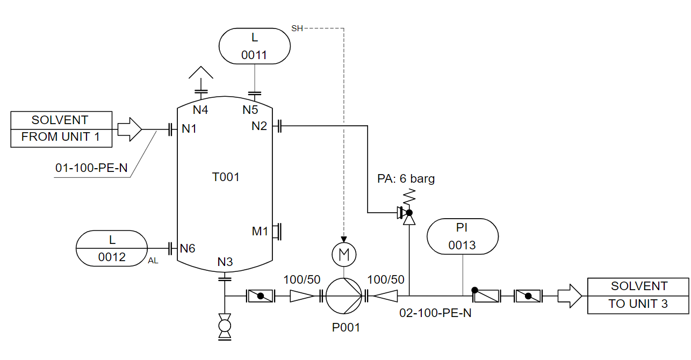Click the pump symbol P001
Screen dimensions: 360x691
click(x=344, y=296)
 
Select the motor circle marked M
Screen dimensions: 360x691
click(x=344, y=254)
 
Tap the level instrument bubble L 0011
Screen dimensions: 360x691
click(x=254, y=46)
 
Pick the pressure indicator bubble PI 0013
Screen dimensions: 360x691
click(x=462, y=236)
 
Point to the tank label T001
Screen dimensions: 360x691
click(x=225, y=177)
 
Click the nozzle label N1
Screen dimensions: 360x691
click(x=189, y=128)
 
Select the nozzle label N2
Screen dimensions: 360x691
click(x=260, y=126)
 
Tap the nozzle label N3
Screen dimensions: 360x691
click(x=225, y=262)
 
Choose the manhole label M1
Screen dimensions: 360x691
click(x=260, y=232)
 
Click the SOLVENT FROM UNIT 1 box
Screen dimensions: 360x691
click(x=61, y=129)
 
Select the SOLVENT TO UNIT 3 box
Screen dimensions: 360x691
click(x=638, y=296)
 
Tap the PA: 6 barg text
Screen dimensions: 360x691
click(x=406, y=179)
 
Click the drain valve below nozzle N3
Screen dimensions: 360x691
click(x=225, y=327)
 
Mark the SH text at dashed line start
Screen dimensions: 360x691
click(x=297, y=28)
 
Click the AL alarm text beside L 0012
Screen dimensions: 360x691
click(x=154, y=261)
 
